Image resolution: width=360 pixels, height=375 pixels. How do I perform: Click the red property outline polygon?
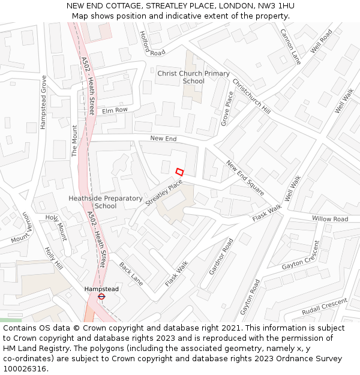point(179,172)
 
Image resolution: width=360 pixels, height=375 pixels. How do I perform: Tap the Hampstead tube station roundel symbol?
point(101,296)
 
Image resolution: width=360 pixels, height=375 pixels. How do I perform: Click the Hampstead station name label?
point(101,289)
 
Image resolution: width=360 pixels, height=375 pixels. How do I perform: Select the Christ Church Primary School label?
point(193,77)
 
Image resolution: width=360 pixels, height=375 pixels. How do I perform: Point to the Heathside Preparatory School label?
point(106,202)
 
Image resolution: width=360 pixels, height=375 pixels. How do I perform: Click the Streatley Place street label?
point(164,193)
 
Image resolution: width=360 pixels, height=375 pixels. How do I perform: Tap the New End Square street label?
point(245,178)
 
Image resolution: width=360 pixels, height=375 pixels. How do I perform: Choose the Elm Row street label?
point(115,110)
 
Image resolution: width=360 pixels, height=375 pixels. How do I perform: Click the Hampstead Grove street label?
point(43,102)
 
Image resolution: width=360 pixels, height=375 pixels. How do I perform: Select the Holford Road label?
point(152,44)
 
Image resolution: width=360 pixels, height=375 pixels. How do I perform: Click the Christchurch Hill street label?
point(251,96)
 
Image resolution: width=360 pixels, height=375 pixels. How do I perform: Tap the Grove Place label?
point(227,108)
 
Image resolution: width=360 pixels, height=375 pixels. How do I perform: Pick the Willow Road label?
point(329,219)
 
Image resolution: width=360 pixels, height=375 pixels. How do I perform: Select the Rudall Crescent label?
point(324,306)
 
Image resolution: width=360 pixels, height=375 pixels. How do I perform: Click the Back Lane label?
point(131,274)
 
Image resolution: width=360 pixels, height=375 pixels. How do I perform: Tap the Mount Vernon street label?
point(20,228)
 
